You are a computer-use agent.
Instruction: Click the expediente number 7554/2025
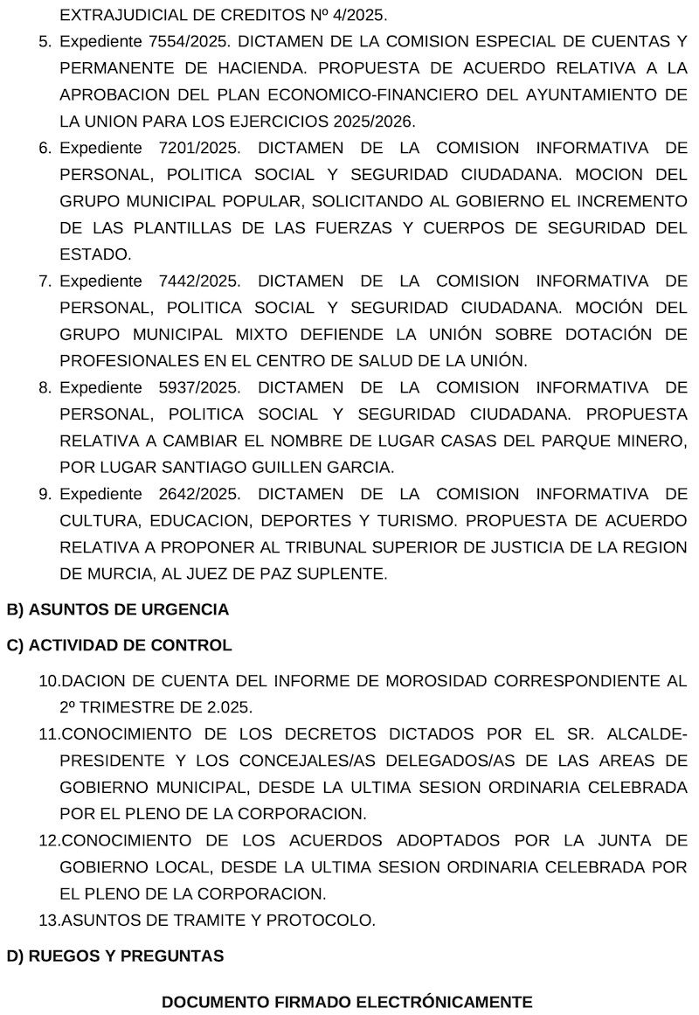click(x=190, y=41)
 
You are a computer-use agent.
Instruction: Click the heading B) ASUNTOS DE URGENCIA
click(x=117, y=609)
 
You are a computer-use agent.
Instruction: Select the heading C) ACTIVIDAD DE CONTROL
click(x=119, y=646)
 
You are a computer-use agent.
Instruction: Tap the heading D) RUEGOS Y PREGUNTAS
click(x=114, y=956)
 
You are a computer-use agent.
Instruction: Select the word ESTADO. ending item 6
click(x=95, y=254)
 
